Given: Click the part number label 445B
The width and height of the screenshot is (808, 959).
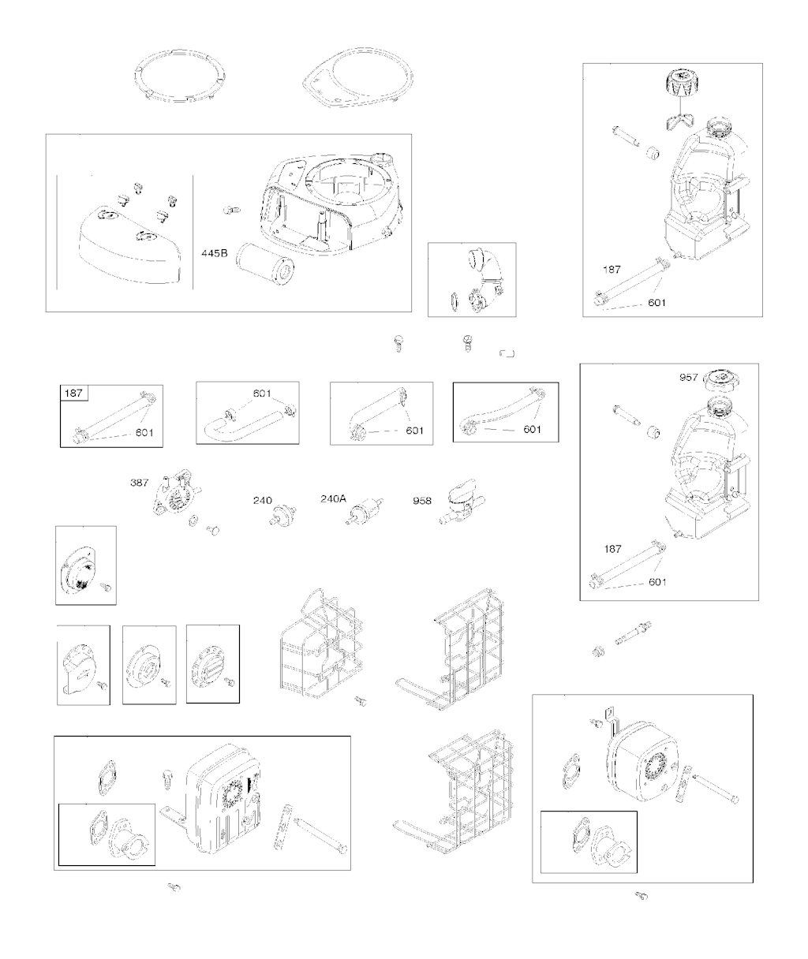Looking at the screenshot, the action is [x=214, y=253].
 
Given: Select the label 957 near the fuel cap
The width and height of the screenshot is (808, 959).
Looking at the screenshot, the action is [x=689, y=378].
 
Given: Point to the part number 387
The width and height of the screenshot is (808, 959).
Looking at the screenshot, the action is [x=139, y=482].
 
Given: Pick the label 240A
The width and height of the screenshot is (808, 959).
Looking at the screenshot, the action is [x=333, y=498].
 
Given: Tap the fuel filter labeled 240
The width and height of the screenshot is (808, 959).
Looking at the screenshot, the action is [x=282, y=515].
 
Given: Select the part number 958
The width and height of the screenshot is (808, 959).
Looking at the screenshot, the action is [x=422, y=501].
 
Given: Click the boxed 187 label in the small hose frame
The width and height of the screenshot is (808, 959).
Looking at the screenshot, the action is [x=73, y=394].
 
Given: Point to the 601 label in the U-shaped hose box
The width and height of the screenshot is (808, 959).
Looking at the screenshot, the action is [x=262, y=394].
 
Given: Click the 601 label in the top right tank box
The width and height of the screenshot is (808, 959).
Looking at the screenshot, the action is [x=656, y=303].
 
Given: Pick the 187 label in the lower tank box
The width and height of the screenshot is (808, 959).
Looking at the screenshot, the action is [x=612, y=549].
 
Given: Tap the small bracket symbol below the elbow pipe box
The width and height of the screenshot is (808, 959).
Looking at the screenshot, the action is [x=507, y=353].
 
